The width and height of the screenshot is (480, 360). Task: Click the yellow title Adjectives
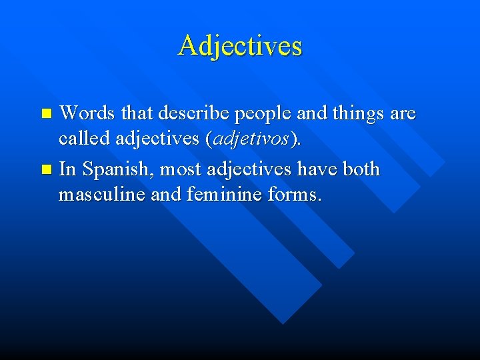tap(240, 45)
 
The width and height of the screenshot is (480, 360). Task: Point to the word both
tap(361, 169)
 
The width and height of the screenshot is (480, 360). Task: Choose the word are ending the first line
tap(403, 114)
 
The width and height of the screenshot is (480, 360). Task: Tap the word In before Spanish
tap(67, 170)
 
